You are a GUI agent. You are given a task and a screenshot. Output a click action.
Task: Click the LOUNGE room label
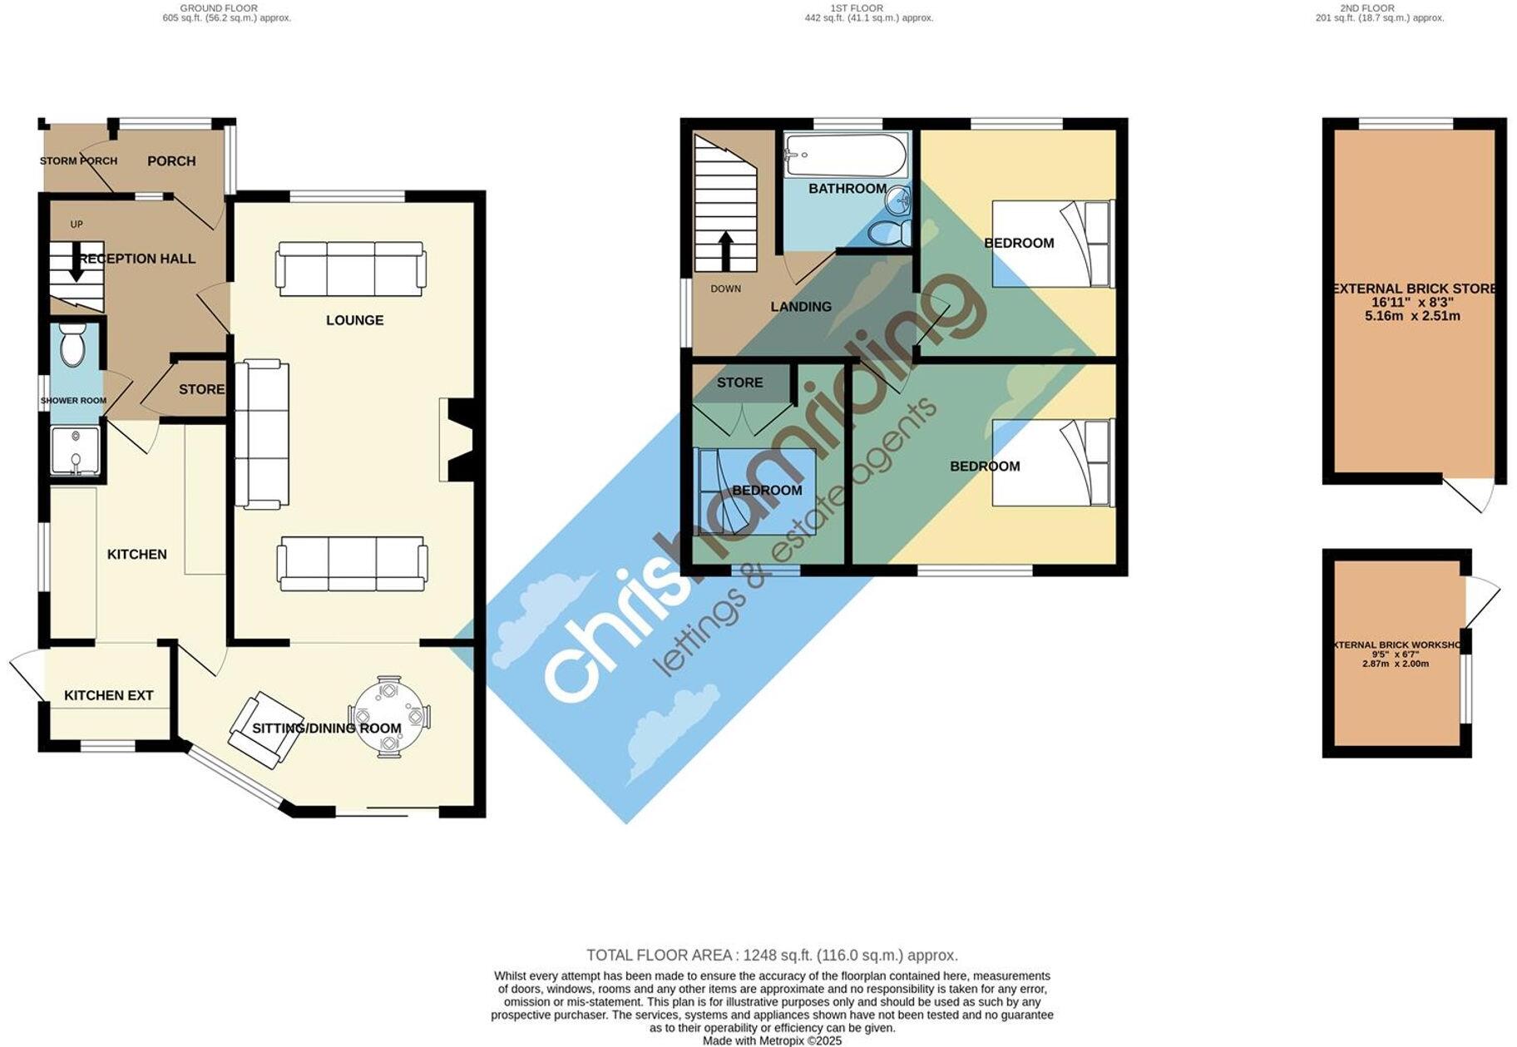(x=354, y=320)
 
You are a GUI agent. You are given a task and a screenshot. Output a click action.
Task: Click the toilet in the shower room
(x=73, y=345)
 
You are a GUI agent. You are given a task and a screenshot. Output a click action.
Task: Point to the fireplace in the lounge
(x=457, y=439)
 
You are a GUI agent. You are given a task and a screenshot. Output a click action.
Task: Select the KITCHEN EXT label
(x=109, y=695)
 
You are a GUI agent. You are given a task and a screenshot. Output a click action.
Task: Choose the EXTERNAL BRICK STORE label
(x=1414, y=289)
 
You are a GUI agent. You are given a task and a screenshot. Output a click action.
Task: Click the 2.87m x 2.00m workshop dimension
(x=1396, y=664)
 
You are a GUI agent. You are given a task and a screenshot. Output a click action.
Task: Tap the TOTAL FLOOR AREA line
(x=772, y=956)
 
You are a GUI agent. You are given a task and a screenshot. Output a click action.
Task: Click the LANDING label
(x=801, y=307)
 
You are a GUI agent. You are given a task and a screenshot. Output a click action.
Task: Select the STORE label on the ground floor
(x=201, y=389)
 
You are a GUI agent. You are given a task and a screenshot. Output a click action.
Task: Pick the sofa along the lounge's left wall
(x=262, y=433)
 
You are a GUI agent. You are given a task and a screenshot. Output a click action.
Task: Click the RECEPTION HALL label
(x=137, y=259)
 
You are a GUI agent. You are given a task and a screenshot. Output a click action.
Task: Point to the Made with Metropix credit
(x=772, y=1040)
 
